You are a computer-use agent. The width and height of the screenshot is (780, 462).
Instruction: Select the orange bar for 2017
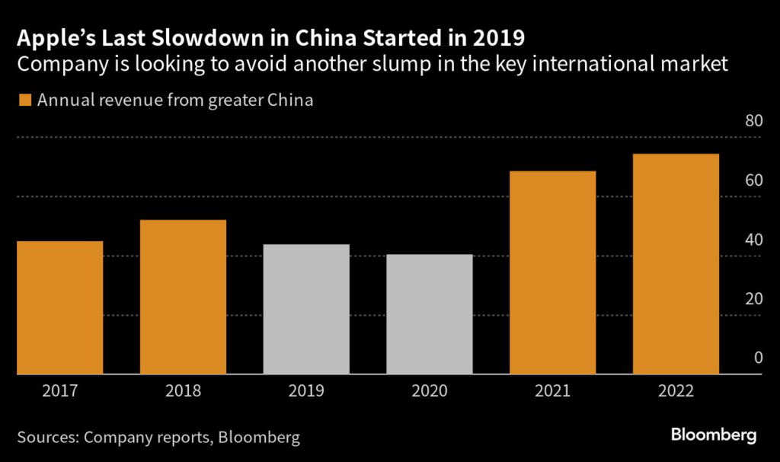59,307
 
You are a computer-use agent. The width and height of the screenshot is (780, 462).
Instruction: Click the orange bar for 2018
183,297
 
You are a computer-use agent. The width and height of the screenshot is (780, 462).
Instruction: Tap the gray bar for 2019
306,309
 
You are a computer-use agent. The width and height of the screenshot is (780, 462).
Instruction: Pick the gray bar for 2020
430,314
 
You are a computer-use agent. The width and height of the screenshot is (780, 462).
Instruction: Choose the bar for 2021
552,272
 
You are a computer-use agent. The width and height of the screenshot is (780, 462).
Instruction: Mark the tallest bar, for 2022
676,263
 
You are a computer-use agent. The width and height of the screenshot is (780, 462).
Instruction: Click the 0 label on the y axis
757,358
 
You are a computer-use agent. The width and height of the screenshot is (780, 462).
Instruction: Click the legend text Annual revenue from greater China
175,100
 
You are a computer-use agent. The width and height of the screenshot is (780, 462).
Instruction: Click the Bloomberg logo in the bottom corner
713,435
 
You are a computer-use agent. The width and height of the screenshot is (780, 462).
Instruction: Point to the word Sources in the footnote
46,437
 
